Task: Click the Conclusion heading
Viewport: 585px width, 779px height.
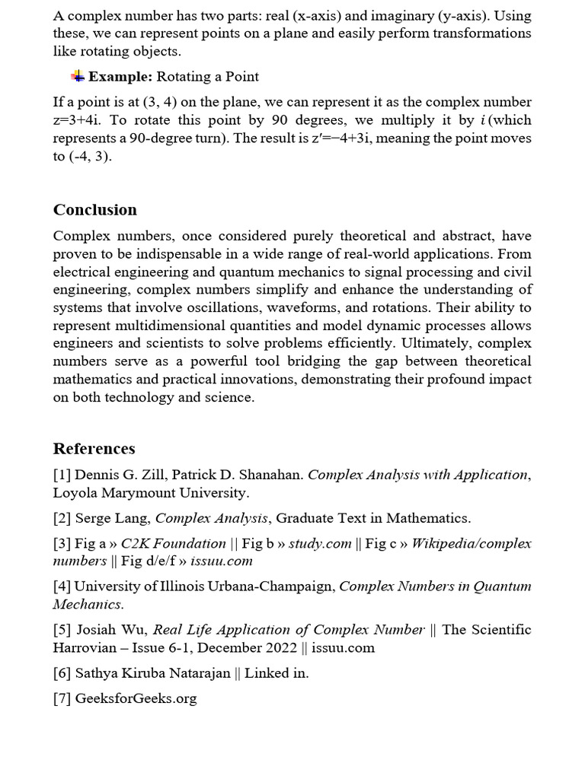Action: point(95,210)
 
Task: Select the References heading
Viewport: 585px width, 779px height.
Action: point(94,448)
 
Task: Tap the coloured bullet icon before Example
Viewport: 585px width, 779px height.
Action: point(78,76)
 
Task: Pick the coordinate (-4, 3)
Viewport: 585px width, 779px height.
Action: point(91,157)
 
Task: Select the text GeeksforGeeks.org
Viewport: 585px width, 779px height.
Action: point(136,698)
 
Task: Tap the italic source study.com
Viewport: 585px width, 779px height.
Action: point(320,543)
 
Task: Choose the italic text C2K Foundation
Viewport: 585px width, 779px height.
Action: point(174,543)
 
